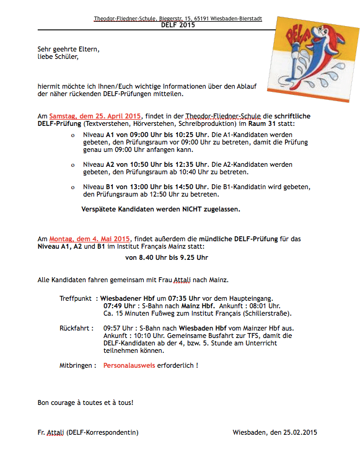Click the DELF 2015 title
click(x=178, y=25)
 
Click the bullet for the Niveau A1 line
click(x=73, y=135)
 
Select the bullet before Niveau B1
click(x=73, y=187)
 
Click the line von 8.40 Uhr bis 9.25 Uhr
click(x=167, y=257)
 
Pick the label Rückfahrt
click(x=76, y=328)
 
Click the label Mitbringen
click(x=77, y=366)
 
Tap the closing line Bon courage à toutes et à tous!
click(x=86, y=402)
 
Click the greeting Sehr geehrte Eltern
click(x=68, y=49)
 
